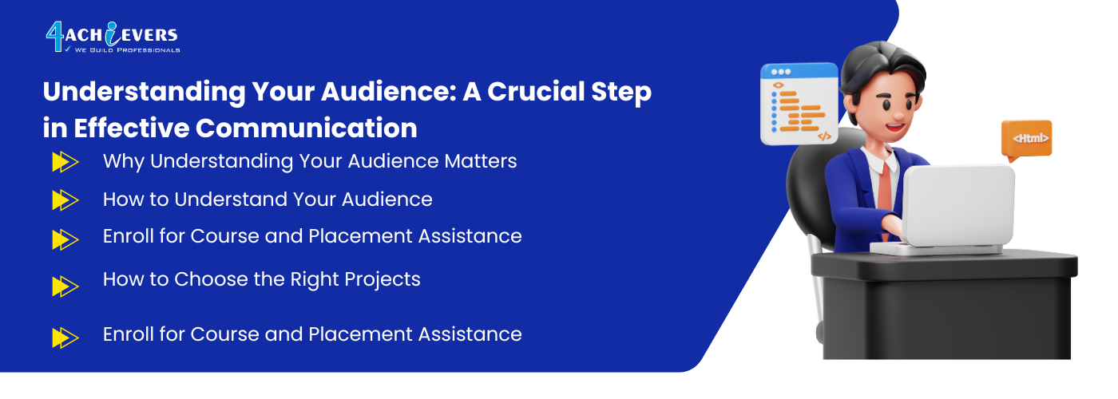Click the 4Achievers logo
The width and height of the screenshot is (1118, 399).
coord(113,37)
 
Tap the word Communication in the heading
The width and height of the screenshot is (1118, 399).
coord(306,128)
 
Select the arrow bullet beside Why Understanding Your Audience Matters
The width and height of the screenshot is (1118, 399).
coord(65,161)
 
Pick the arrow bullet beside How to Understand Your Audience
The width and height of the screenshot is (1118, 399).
coord(65,200)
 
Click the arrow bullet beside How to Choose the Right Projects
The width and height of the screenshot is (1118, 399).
coord(65,286)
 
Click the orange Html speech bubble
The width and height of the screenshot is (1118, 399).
coord(1026,140)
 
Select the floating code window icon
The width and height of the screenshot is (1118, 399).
coord(799,104)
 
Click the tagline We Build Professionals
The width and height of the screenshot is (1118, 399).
coord(127,49)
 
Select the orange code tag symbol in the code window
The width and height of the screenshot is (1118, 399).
coord(824,136)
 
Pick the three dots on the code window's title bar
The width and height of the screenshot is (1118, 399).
coord(781,72)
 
